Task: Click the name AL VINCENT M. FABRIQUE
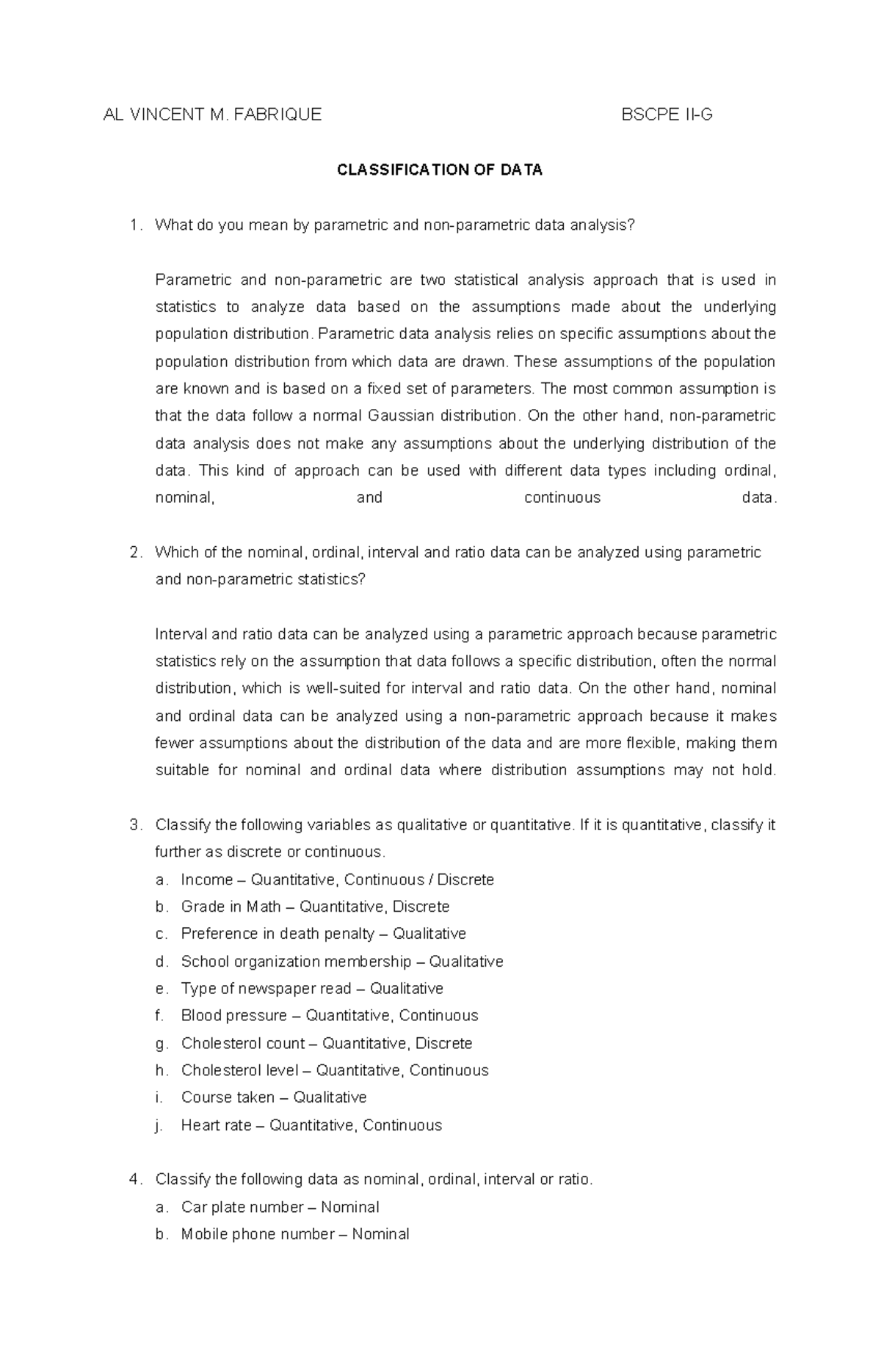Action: tap(212, 115)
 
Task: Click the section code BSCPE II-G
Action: tap(667, 115)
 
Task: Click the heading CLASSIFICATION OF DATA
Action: tap(439, 170)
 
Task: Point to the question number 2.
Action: tap(134, 552)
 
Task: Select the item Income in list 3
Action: tap(206, 879)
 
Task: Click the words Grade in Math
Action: tap(231, 907)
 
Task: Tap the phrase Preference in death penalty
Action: tap(278, 934)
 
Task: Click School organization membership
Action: tap(296, 962)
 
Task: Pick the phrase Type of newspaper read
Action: tap(266, 989)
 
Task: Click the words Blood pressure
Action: tap(233, 1016)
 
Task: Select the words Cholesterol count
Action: tap(242, 1043)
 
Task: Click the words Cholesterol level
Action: tap(239, 1070)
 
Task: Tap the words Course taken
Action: tap(228, 1097)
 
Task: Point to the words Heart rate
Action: tap(216, 1125)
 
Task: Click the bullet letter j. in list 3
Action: tap(159, 1125)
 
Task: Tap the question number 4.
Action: tap(134, 1180)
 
